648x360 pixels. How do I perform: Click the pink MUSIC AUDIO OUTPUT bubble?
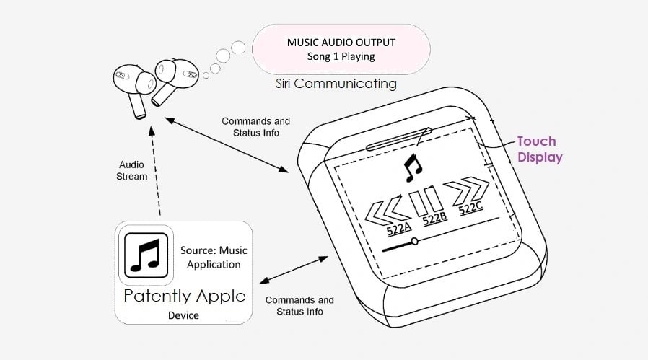coord(341,49)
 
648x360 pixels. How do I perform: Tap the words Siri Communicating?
coord(336,84)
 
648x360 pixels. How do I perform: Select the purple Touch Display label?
coord(536,149)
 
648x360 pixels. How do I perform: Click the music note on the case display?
coord(412,168)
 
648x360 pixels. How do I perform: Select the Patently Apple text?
coord(185,296)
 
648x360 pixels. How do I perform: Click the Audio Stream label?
coord(132,170)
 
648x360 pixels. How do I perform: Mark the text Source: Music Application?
coord(211,257)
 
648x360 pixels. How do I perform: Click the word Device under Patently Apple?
coord(184,315)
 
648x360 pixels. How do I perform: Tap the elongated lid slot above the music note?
coord(399,139)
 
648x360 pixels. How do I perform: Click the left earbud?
coord(134,84)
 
